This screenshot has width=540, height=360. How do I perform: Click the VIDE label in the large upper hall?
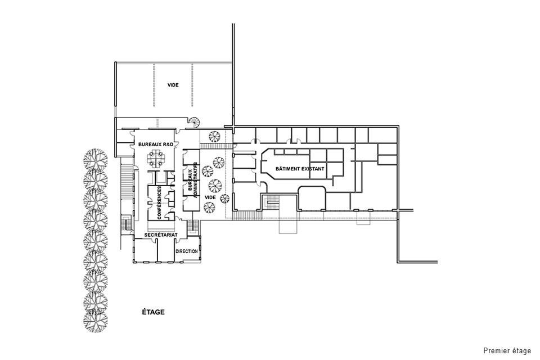coord(173,85)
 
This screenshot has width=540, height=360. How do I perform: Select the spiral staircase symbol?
coord(195,121)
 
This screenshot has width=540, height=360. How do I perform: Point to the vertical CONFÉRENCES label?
coord(159,202)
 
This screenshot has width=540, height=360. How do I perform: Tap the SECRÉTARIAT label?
coord(161,235)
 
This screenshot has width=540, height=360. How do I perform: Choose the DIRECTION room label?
coord(187,251)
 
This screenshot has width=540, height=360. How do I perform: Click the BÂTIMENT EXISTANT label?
coord(300,169)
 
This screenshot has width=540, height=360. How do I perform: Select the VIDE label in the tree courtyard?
coord(210,197)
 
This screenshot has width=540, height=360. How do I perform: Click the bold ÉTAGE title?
coord(153,312)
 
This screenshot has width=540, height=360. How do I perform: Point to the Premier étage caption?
coord(507,350)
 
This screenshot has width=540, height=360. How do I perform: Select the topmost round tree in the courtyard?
coord(214,136)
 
